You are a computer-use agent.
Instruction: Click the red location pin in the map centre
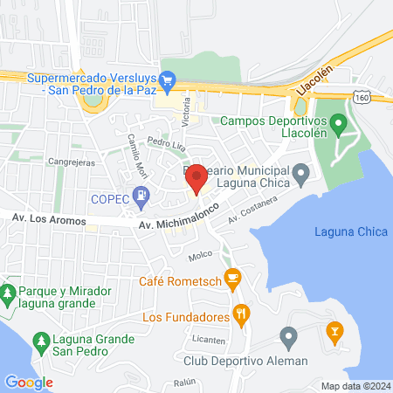[196, 177]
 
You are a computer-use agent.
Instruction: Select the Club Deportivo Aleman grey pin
[289, 336]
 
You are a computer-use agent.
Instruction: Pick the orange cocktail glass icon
[333, 332]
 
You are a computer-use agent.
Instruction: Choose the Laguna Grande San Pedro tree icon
[38, 339]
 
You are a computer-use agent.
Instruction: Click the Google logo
[29, 382]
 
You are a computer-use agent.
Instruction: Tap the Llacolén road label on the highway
[316, 79]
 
